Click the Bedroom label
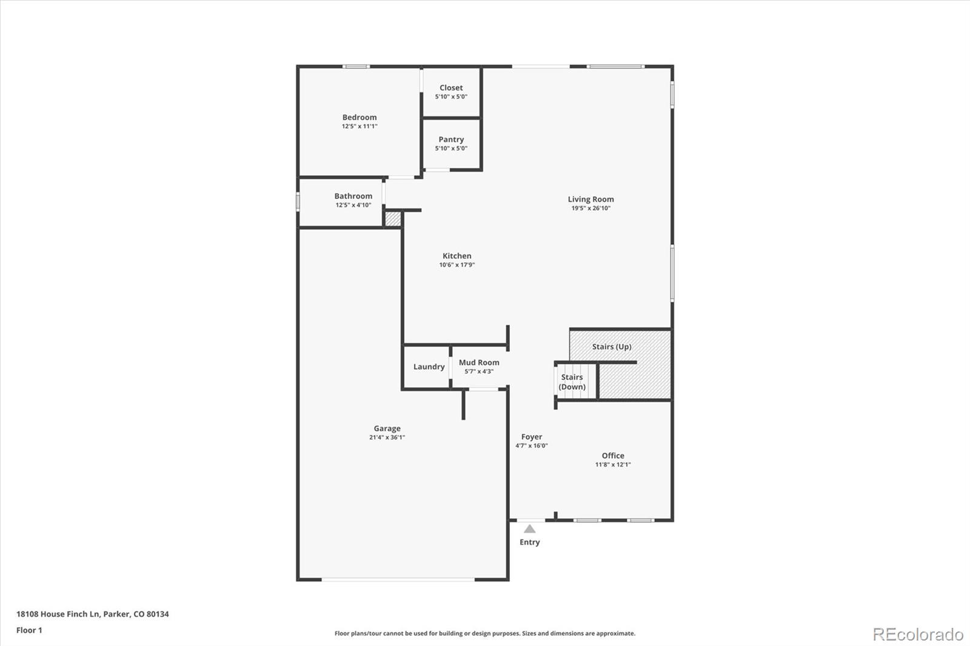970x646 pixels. click(x=360, y=118)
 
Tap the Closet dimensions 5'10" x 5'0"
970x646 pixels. click(x=451, y=97)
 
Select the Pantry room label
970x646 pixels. click(x=451, y=139)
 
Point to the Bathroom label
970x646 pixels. click(x=353, y=196)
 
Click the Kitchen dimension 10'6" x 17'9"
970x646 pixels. click(x=457, y=265)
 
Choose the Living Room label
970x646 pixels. click(x=590, y=199)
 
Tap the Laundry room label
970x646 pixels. click(x=429, y=367)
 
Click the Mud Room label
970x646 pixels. click(x=479, y=362)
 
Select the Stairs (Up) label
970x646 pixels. click(x=612, y=347)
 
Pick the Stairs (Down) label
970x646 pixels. click(x=572, y=382)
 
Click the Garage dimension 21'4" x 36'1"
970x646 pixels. click(x=387, y=438)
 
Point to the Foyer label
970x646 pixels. click(x=532, y=436)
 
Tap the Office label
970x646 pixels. click(x=613, y=456)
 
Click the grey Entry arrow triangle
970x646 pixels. click(x=530, y=529)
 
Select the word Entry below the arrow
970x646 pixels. click(x=529, y=542)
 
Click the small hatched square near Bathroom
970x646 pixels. click(x=393, y=219)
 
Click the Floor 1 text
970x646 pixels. click(x=29, y=630)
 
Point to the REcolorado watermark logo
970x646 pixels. click(x=918, y=634)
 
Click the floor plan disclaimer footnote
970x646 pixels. click(x=485, y=633)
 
